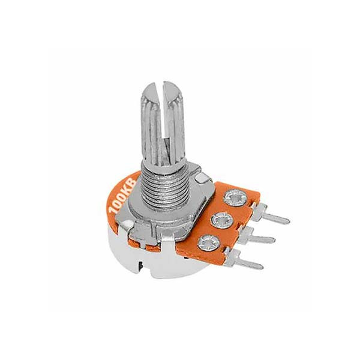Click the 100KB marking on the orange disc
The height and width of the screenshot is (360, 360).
(122, 196)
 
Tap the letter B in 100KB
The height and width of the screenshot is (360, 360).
(132, 182)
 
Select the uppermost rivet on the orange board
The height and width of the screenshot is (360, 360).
(236, 198)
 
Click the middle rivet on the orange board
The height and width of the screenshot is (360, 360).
(223, 221)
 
